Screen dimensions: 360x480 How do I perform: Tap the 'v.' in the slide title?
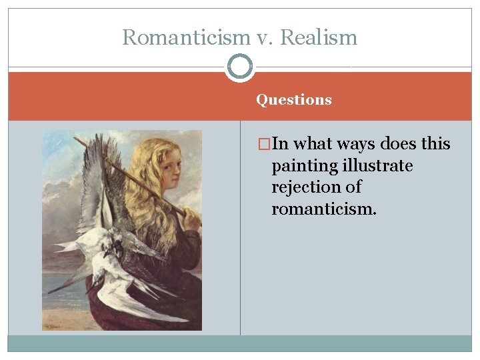coord(257,37)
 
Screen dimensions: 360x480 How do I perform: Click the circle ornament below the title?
coord(239,67)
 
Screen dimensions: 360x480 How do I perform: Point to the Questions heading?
coord(293,100)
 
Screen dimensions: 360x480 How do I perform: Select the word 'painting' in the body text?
coord(299,166)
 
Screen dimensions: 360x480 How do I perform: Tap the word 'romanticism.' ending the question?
coord(323,209)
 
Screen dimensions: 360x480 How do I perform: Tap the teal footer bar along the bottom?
coord(240,343)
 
